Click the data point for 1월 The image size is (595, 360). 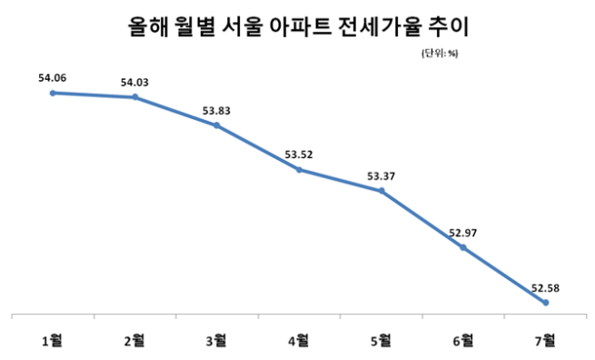pos(54,93)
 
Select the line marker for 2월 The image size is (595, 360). pos(135,97)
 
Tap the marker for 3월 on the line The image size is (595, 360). pos(216,125)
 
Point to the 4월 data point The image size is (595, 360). pos(300,169)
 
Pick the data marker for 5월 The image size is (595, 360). pos(382,191)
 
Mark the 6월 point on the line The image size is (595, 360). pos(463,247)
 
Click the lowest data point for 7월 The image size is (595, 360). pos(545,302)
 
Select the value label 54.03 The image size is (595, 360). pos(135,83)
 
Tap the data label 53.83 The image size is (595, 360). pos(216,111)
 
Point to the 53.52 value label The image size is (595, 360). pos(300,155)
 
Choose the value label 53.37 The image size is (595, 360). pos(382,176)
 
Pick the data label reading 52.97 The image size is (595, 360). pos(463,233)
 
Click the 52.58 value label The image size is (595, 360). pos(545,288)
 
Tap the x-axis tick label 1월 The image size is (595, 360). pos(53,341)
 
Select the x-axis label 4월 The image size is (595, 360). pos(300,341)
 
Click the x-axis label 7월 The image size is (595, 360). pos(546,341)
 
